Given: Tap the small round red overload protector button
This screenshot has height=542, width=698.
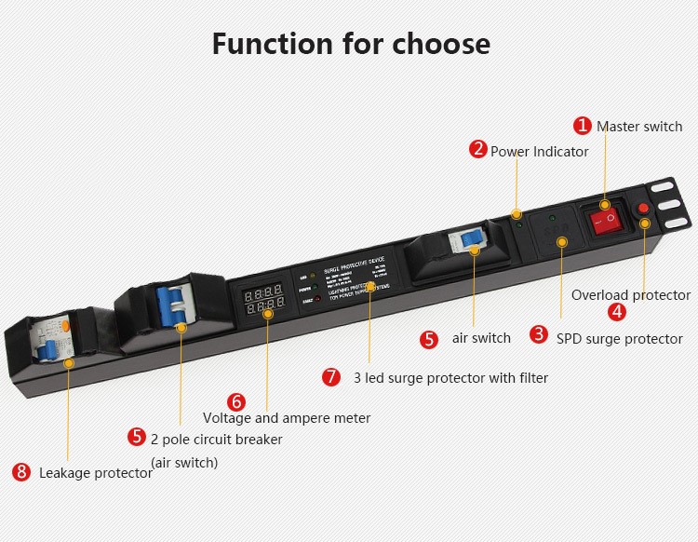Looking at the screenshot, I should (x=642, y=208).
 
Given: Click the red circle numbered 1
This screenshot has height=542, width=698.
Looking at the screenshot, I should (x=583, y=126).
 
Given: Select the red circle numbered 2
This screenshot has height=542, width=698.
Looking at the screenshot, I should (x=477, y=150).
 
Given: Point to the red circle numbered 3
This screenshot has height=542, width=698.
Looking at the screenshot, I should (x=539, y=334).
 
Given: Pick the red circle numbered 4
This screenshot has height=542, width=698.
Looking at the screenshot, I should (x=617, y=312).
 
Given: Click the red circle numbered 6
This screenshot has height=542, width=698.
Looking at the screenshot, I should (x=236, y=401).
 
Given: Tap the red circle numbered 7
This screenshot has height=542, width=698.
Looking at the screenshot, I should (x=331, y=377).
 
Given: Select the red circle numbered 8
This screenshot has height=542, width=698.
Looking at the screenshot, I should (x=21, y=471).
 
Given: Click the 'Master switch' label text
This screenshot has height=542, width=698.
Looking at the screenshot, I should (x=639, y=127).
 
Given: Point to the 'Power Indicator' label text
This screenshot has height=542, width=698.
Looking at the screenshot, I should (x=539, y=151).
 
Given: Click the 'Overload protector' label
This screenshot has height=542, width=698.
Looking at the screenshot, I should (x=631, y=295).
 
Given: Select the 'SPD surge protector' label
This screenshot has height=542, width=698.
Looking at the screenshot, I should (x=619, y=339).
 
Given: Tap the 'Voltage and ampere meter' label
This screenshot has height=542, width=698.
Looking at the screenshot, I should (x=287, y=418).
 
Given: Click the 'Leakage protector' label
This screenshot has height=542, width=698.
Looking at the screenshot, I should (x=95, y=473).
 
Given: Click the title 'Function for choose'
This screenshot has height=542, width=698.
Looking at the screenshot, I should (x=350, y=44).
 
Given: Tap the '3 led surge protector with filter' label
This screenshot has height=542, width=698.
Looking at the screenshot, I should (x=450, y=378).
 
